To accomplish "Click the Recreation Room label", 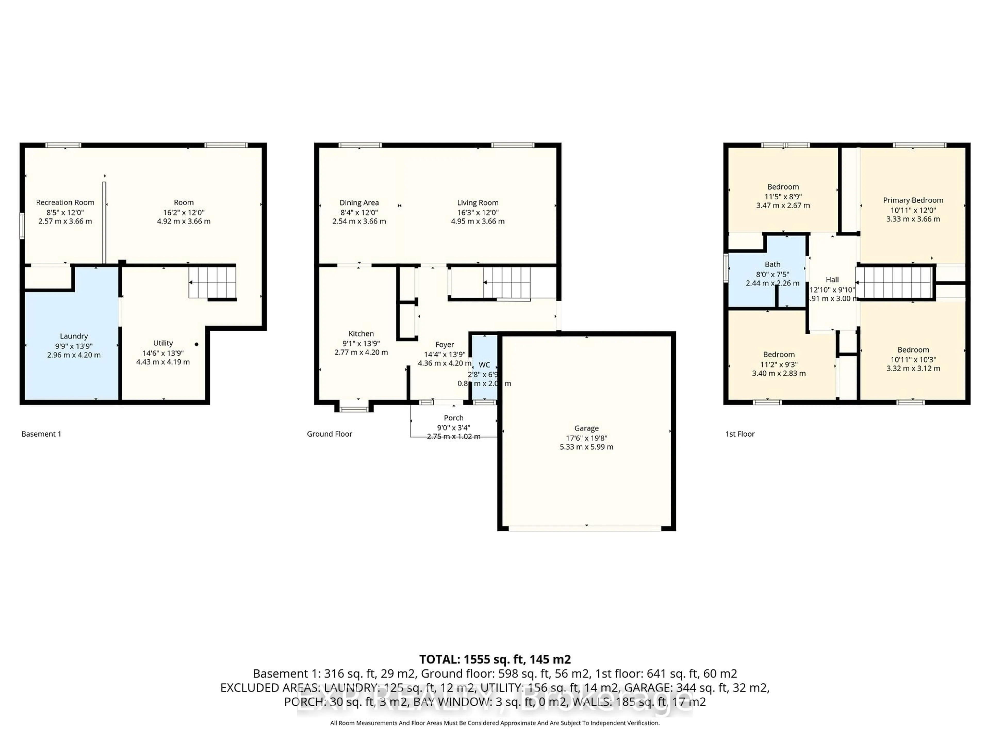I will point(65,203).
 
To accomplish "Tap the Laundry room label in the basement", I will point(74,336).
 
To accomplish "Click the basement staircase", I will point(212,282).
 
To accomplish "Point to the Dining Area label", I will point(359,203).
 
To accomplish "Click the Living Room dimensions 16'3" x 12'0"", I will point(477,212).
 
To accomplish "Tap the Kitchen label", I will point(361,333).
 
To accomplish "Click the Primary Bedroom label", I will point(913,200).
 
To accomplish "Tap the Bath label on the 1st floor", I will point(772,264).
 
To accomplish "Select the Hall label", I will point(832,279).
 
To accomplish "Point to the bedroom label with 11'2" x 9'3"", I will point(779,354).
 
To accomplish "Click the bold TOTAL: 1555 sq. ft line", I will point(494,659).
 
